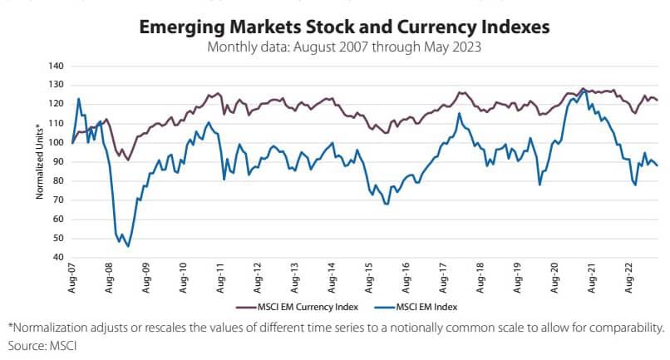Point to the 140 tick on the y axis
pos(57,66)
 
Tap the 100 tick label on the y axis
pos(57,142)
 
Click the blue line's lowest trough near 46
pos(128,246)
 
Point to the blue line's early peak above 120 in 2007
pos(78,99)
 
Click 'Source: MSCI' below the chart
pos(40,344)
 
